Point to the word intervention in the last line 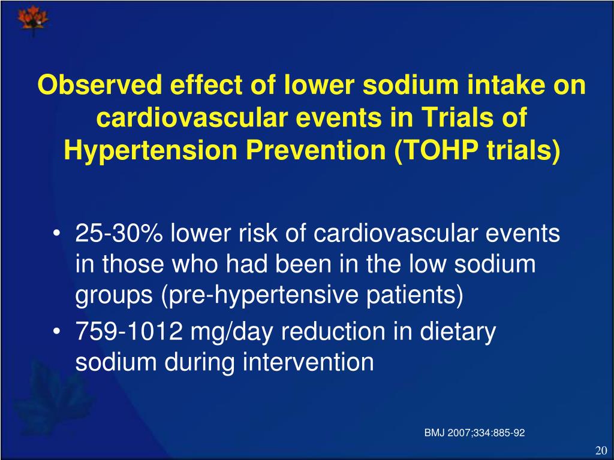308,362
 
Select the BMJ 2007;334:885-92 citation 474,432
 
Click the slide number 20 601,451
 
